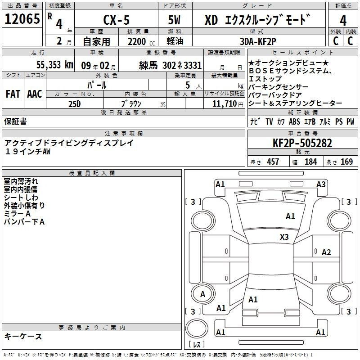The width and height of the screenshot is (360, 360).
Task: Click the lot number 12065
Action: click(x=22, y=19)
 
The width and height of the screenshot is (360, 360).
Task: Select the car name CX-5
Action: click(x=117, y=20)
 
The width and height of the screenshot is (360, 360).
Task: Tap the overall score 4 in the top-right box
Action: click(x=343, y=20)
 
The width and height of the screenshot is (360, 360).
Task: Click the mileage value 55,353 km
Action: click(x=55, y=64)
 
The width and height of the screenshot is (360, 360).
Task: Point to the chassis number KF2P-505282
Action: click(x=302, y=143)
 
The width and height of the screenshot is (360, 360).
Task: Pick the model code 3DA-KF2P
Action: click(x=258, y=41)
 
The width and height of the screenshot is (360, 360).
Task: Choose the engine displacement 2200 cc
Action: click(x=141, y=41)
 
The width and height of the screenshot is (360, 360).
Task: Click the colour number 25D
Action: click(x=75, y=104)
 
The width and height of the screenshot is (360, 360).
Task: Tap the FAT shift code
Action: click(x=13, y=94)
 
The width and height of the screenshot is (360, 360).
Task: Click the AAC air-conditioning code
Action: click(x=35, y=94)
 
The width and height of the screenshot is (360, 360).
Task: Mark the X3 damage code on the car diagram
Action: click(x=284, y=237)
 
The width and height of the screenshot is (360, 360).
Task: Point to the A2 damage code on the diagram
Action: click(x=326, y=252)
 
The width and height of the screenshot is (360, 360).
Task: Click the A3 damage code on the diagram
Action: click(x=321, y=184)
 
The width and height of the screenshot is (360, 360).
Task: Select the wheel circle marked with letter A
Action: click(x=203, y=294)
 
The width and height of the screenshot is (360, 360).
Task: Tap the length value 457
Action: click(x=273, y=162)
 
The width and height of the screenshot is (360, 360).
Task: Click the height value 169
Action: click(x=346, y=162)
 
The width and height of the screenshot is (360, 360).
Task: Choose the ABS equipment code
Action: click(x=294, y=121)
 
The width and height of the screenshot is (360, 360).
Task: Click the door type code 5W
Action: click(x=174, y=20)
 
